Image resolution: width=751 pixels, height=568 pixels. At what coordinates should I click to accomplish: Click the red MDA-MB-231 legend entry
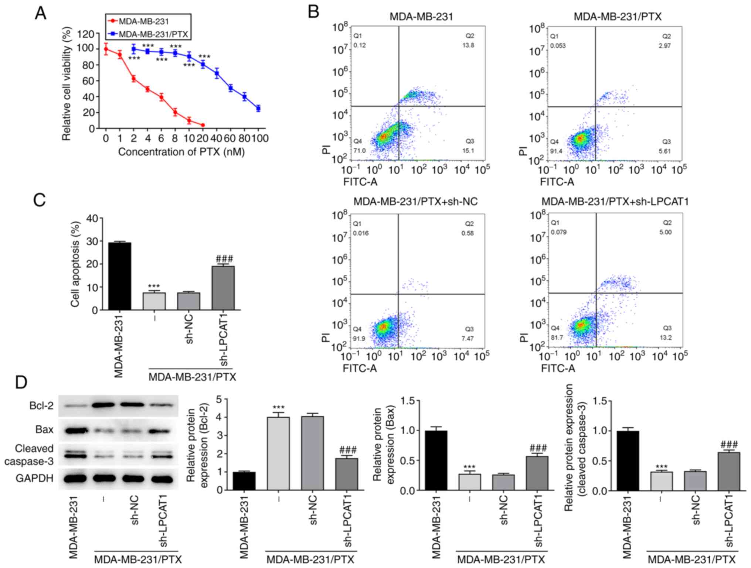coord(143,21)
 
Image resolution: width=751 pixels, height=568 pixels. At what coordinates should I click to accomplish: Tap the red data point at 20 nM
coord(203,125)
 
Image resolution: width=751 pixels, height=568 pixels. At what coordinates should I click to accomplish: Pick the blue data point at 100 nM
coord(258,108)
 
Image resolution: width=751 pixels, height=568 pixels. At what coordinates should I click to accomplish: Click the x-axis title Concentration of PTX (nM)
coord(181,152)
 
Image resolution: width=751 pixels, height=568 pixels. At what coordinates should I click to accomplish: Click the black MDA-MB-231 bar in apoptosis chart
coord(120,276)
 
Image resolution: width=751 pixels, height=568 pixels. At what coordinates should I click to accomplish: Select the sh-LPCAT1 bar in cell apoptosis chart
coord(223,288)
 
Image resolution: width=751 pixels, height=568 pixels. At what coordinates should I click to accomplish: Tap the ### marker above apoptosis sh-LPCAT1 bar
coord(224,258)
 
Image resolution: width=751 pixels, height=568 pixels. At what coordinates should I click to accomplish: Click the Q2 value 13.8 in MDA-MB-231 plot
coord(468,45)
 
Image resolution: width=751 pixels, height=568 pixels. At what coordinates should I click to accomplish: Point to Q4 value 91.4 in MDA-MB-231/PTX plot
coord(556,151)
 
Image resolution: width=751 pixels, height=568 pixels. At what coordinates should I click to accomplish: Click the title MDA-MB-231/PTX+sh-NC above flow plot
coord(415,202)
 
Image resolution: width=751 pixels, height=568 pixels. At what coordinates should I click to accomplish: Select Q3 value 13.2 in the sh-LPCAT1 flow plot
coord(666,338)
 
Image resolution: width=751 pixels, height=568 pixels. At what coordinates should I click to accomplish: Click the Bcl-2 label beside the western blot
coord(41,406)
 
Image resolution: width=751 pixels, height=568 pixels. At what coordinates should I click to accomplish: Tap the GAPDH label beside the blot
coord(34,478)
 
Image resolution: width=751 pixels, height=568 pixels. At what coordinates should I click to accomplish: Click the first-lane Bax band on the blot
coord(75,431)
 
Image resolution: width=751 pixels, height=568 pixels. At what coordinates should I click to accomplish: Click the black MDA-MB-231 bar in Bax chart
coord(436,461)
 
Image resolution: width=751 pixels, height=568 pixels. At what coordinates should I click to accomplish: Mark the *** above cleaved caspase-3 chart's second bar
coord(661,467)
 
